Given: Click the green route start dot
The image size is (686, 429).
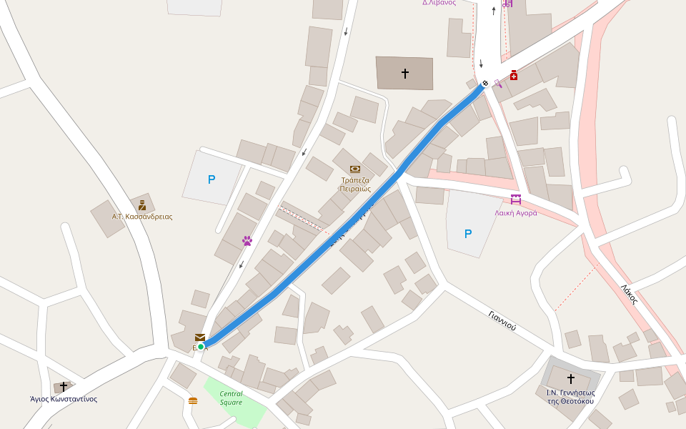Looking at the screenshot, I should (201, 347).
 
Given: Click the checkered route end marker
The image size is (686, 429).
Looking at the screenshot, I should (485, 84).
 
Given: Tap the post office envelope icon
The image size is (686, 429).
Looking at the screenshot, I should (200, 337).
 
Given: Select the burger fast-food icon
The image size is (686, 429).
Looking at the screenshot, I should (193, 400).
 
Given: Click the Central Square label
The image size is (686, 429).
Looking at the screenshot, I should (231, 398).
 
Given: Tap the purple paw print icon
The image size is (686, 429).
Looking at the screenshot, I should (247, 241).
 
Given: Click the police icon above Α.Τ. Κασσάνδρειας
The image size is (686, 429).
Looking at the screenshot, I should (142, 206).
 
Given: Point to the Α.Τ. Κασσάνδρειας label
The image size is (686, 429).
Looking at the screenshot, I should (142, 217).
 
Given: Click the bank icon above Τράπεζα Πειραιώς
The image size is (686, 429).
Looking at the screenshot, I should (355, 169).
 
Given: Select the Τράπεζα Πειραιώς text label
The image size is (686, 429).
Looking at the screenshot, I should (355, 184).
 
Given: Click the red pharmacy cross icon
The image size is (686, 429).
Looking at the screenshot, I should (514, 75).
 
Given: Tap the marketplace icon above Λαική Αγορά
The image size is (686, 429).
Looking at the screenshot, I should (516, 200).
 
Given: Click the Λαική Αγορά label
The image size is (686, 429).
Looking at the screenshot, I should (516, 212).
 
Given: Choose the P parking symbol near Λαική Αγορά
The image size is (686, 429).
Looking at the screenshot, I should (468, 234).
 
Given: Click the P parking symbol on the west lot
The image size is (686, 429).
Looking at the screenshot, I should (212, 179).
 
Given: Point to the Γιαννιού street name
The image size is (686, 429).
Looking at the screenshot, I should (502, 320).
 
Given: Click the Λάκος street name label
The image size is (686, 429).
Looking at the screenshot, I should (629, 295).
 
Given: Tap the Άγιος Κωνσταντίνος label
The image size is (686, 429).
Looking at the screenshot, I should (64, 399).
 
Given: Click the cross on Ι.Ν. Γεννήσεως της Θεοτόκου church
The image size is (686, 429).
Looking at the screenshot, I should (570, 378).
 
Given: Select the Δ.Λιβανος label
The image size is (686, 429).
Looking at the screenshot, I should (439, 3).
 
